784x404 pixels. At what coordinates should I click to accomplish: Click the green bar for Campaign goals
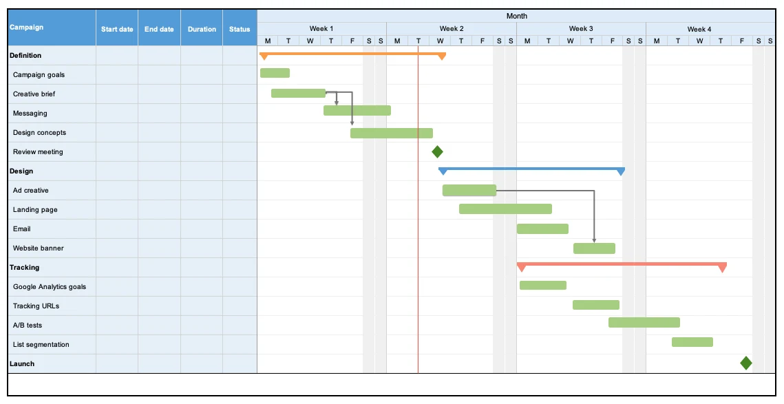[x=275, y=73]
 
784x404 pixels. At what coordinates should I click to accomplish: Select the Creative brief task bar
[x=298, y=93]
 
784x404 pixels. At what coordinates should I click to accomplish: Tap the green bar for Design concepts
[x=391, y=133]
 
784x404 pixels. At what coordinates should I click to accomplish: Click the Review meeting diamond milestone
[x=437, y=151]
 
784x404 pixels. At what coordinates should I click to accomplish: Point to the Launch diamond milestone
[x=745, y=363]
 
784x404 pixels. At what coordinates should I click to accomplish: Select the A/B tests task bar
[x=644, y=322]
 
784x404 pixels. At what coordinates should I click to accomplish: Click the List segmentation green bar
[x=692, y=341]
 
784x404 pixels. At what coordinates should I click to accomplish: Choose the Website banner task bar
[x=594, y=248]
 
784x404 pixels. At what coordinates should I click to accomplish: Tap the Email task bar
[x=542, y=228]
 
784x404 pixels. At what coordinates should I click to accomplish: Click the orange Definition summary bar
[x=352, y=54]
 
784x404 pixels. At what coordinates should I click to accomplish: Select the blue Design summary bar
[x=531, y=169]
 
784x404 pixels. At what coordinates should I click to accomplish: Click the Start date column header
[x=117, y=29]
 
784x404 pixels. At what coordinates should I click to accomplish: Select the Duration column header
[x=202, y=29]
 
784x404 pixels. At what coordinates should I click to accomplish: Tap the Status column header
[x=240, y=29]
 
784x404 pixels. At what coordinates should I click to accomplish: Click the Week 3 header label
[x=581, y=28]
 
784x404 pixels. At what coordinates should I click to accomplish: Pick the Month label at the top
[x=516, y=16]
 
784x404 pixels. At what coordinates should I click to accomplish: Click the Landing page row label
[x=35, y=210]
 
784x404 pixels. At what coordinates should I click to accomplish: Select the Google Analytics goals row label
[x=50, y=287]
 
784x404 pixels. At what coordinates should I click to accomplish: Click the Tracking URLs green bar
[x=595, y=305]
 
